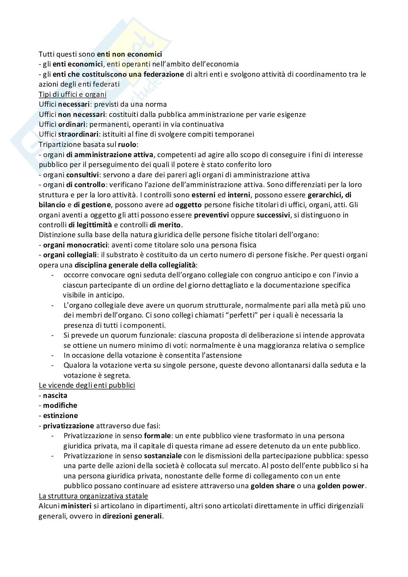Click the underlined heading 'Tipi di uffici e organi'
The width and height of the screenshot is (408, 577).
[x=72, y=94]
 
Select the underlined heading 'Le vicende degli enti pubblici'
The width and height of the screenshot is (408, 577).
[x=87, y=385]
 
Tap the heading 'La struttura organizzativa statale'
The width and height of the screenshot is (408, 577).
[x=93, y=496]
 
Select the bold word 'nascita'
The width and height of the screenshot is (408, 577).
[x=55, y=395]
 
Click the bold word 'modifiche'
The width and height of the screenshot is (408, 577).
[x=60, y=405]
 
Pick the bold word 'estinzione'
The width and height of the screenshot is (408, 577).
[x=60, y=415]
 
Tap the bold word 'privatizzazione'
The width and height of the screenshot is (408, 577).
[x=68, y=426]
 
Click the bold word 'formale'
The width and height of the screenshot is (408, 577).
[x=158, y=436]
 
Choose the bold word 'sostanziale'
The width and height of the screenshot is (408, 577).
[x=163, y=456]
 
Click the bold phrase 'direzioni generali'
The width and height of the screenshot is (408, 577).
[x=132, y=516]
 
